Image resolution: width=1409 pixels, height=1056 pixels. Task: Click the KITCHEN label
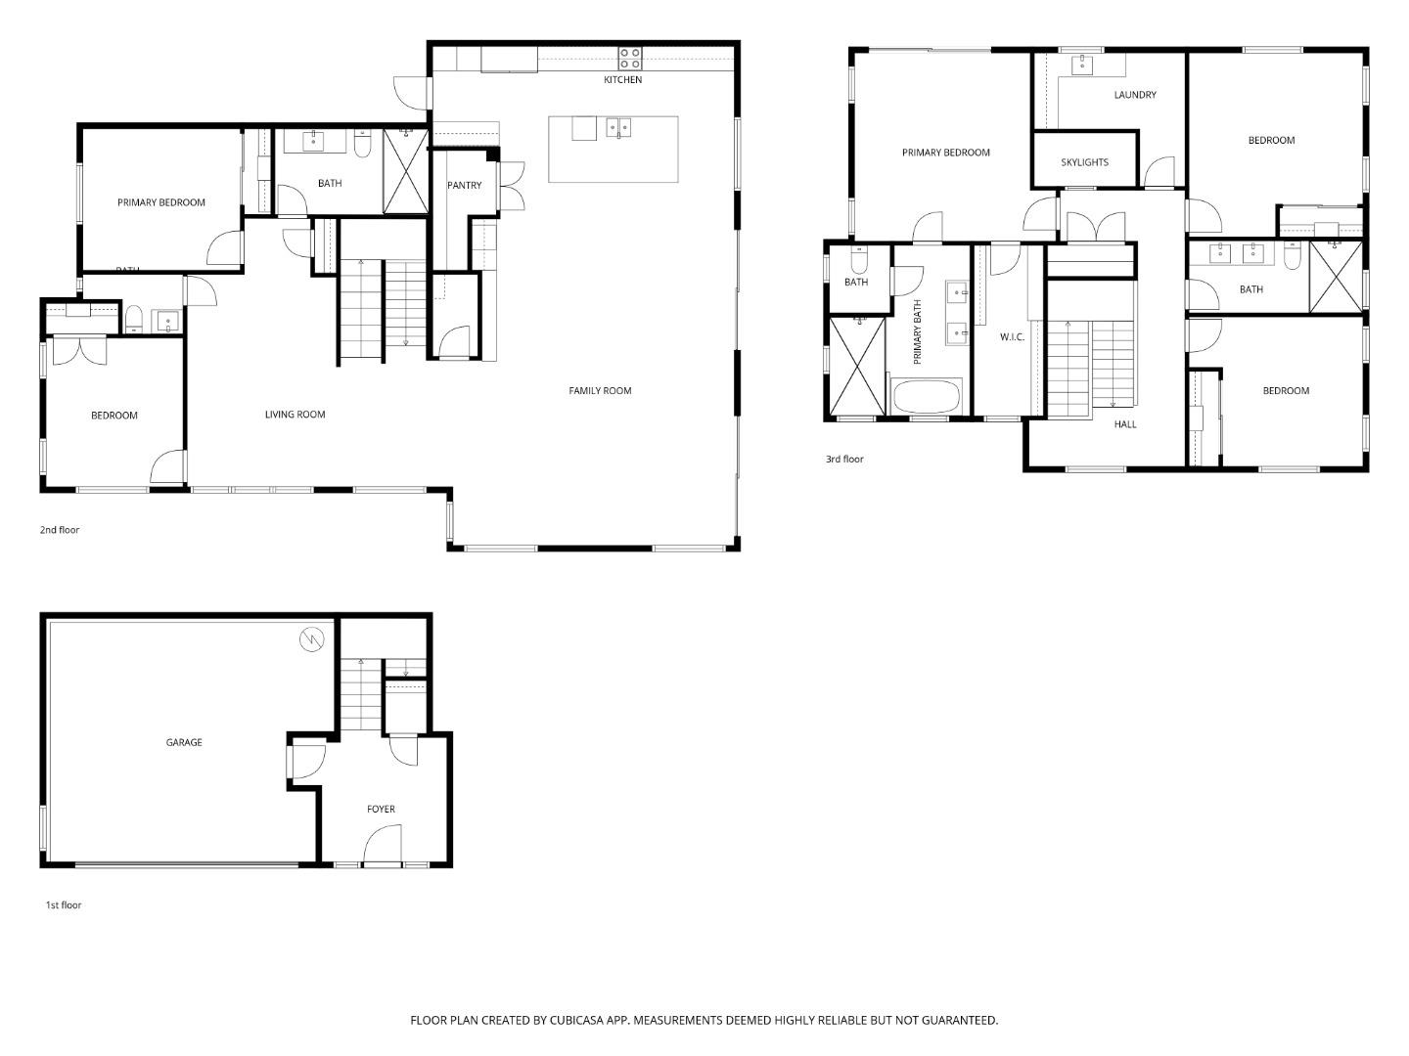(x=622, y=79)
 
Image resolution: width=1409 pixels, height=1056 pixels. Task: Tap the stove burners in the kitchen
(x=629, y=58)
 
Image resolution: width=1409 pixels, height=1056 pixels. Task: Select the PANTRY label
(x=464, y=185)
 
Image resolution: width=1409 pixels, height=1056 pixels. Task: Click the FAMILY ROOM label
(x=600, y=391)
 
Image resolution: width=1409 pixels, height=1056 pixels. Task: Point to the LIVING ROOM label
(x=295, y=415)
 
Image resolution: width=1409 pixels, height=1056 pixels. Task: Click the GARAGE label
(x=184, y=743)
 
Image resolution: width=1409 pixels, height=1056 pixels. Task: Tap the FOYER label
(x=381, y=810)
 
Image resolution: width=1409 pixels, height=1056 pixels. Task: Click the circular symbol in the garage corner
(x=311, y=639)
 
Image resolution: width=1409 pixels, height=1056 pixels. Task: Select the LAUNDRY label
(x=1134, y=95)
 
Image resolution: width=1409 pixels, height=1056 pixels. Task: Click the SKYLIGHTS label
(x=1084, y=162)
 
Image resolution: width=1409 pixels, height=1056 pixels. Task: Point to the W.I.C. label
(x=1012, y=337)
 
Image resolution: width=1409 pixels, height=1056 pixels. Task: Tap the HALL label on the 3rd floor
(x=1125, y=424)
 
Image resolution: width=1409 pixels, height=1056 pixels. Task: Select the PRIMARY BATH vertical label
(x=918, y=332)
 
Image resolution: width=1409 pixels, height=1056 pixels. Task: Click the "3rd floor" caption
(x=844, y=459)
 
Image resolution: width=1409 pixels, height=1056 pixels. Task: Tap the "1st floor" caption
(x=64, y=905)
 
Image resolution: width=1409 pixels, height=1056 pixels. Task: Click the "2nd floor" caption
(x=60, y=530)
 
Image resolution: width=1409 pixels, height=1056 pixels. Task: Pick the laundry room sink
(x=1083, y=66)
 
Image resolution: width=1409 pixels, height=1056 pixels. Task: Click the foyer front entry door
(x=383, y=847)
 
